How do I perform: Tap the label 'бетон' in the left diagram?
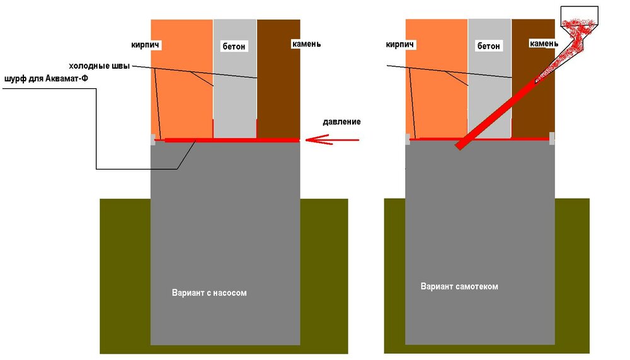pos(234,46)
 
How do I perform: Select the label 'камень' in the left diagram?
pos(306,44)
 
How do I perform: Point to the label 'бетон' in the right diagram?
pos(489,46)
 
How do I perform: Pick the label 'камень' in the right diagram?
pos(544,44)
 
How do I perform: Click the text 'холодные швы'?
pos(99,67)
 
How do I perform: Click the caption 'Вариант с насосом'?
pos(214,293)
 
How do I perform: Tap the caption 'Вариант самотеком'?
pos(459,286)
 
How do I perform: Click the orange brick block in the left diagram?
pos(183,88)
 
